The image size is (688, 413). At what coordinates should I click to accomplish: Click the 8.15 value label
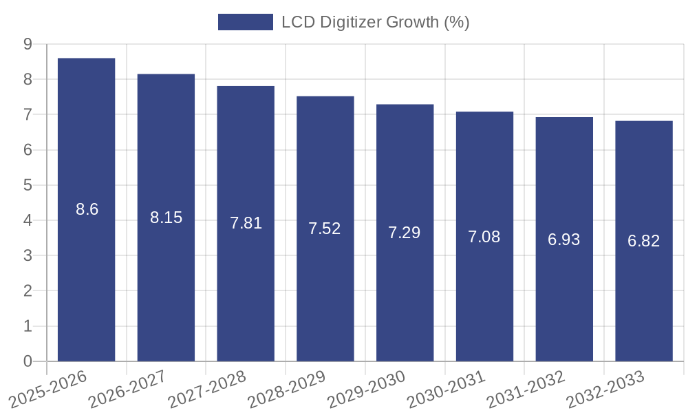[x=166, y=218]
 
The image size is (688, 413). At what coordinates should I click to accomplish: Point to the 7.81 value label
[x=246, y=223]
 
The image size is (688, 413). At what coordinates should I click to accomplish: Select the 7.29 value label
[x=405, y=233]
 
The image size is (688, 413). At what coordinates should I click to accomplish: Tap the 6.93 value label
[x=563, y=240]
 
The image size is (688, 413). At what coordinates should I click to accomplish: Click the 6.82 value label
[x=643, y=241]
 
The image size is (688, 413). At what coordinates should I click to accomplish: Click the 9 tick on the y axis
[x=28, y=44]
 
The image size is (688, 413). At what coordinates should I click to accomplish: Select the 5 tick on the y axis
[x=28, y=185]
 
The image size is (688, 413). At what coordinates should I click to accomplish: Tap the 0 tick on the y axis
[x=28, y=361]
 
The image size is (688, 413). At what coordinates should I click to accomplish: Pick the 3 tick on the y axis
[x=28, y=255]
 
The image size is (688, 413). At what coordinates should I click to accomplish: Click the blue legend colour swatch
[x=245, y=22]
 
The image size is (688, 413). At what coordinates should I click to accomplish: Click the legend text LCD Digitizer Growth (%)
[x=375, y=22]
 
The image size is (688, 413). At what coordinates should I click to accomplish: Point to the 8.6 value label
[x=87, y=209]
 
